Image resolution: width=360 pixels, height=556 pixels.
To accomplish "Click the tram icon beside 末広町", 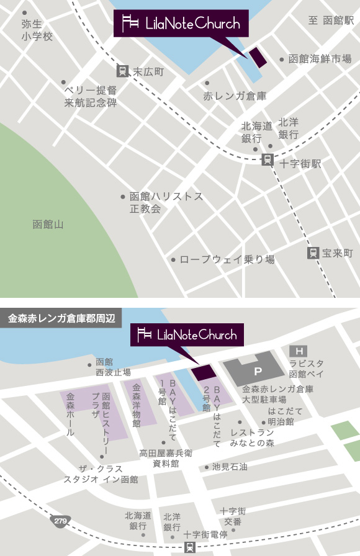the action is pyautogui.click(x=122, y=71).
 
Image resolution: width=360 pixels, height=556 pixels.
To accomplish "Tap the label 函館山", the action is pyautogui.click(x=48, y=224).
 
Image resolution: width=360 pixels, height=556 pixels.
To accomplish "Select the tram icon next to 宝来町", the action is pyautogui.click(x=312, y=253).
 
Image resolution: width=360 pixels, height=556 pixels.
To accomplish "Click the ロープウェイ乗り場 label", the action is pyautogui.click(x=227, y=259).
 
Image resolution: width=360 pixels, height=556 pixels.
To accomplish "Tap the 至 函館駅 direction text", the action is pyautogui.click(x=330, y=20).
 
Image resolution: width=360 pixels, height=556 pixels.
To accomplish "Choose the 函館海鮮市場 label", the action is pyautogui.click(x=320, y=60).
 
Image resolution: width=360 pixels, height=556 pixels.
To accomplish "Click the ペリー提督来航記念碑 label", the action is pyautogui.click(x=91, y=96).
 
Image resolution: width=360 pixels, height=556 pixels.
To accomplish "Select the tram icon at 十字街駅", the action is pyautogui.click(x=268, y=159).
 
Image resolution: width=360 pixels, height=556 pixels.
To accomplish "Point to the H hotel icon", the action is pyautogui.click(x=302, y=351).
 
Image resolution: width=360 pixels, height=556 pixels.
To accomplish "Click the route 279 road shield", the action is pyautogui.click(x=60, y=519).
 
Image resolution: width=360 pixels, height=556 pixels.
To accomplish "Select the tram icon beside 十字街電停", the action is pyautogui.click(x=189, y=547).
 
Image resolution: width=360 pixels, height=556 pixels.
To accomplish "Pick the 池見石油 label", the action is pyautogui.click(x=230, y=467).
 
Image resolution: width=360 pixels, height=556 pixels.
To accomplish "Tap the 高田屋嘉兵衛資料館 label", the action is pyautogui.click(x=166, y=458).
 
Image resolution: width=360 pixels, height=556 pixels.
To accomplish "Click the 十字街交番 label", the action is pyautogui.click(x=233, y=516).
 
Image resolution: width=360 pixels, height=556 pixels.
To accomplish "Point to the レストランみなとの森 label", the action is pyautogui.click(x=252, y=437).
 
